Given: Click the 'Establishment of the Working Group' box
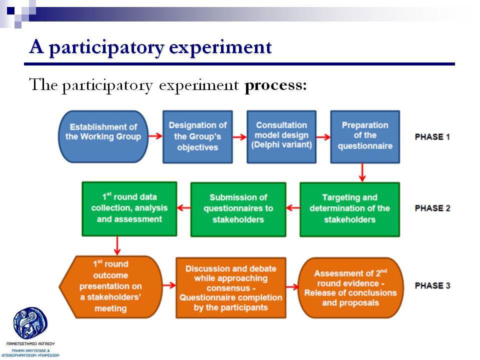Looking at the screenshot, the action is (x=103, y=136).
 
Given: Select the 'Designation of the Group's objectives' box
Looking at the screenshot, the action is (x=197, y=137).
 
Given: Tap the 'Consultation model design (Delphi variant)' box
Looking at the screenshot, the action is (x=281, y=137).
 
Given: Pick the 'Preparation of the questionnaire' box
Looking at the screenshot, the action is (x=365, y=137).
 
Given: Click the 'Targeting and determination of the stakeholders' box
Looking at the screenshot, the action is (x=349, y=209).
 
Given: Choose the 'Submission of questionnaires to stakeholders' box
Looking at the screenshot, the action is (x=238, y=209).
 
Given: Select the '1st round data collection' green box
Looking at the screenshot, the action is (x=129, y=209).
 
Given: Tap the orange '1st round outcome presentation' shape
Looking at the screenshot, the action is (x=110, y=287).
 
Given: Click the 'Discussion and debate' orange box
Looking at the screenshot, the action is (x=231, y=288).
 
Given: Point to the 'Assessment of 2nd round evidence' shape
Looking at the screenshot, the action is (x=350, y=288).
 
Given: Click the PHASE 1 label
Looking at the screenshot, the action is (x=432, y=137).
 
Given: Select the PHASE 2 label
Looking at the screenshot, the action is (x=432, y=208).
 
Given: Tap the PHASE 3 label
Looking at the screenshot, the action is (x=432, y=285).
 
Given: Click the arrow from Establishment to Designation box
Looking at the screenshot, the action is (x=155, y=136).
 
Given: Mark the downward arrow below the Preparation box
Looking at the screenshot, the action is (x=362, y=172).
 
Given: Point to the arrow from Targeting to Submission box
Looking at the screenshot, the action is (x=293, y=208).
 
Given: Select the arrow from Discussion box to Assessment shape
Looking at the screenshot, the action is (x=292, y=287).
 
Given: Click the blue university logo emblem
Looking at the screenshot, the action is (x=30, y=323).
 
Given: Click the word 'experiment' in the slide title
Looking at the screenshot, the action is (x=220, y=47).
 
